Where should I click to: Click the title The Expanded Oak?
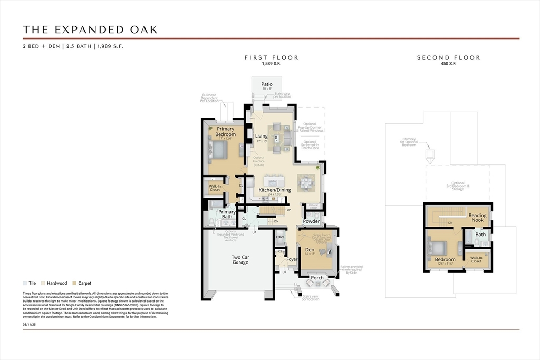(x=90, y=30)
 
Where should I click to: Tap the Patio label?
(x=267, y=84)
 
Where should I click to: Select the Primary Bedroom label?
(x=225, y=131)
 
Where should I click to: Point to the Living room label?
(x=262, y=136)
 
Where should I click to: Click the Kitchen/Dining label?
(x=274, y=190)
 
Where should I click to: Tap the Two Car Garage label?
(x=240, y=260)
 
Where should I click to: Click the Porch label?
(x=317, y=278)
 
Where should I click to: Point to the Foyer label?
(x=292, y=259)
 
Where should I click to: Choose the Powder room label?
(x=311, y=221)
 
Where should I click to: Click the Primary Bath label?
(x=227, y=214)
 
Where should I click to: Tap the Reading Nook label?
(x=478, y=217)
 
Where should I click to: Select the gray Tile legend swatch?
(x=25, y=283)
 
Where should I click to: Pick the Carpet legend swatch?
(x=74, y=283)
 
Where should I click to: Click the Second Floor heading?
(x=448, y=57)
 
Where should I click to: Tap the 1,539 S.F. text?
(x=271, y=63)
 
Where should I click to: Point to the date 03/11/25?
(x=30, y=325)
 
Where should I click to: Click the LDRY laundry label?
(x=280, y=237)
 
